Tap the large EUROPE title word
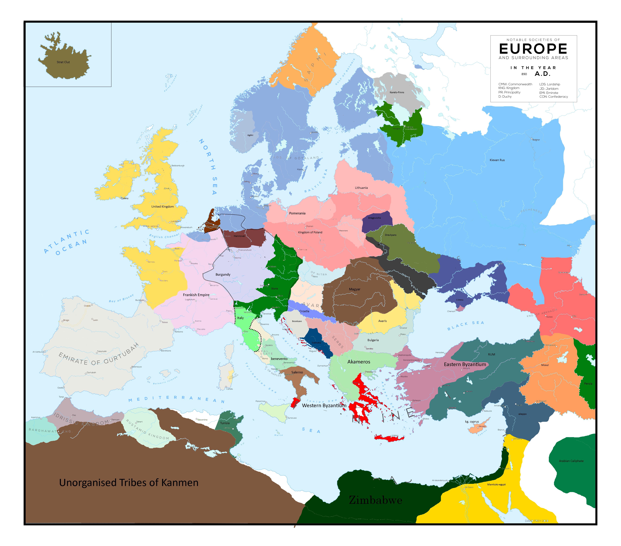pos(533,49)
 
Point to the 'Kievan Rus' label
pos(497,160)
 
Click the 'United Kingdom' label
pos(163,207)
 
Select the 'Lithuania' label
pos(361,188)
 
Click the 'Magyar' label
pos(355,289)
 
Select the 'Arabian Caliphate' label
pos(571,461)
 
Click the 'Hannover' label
pos(239,236)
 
